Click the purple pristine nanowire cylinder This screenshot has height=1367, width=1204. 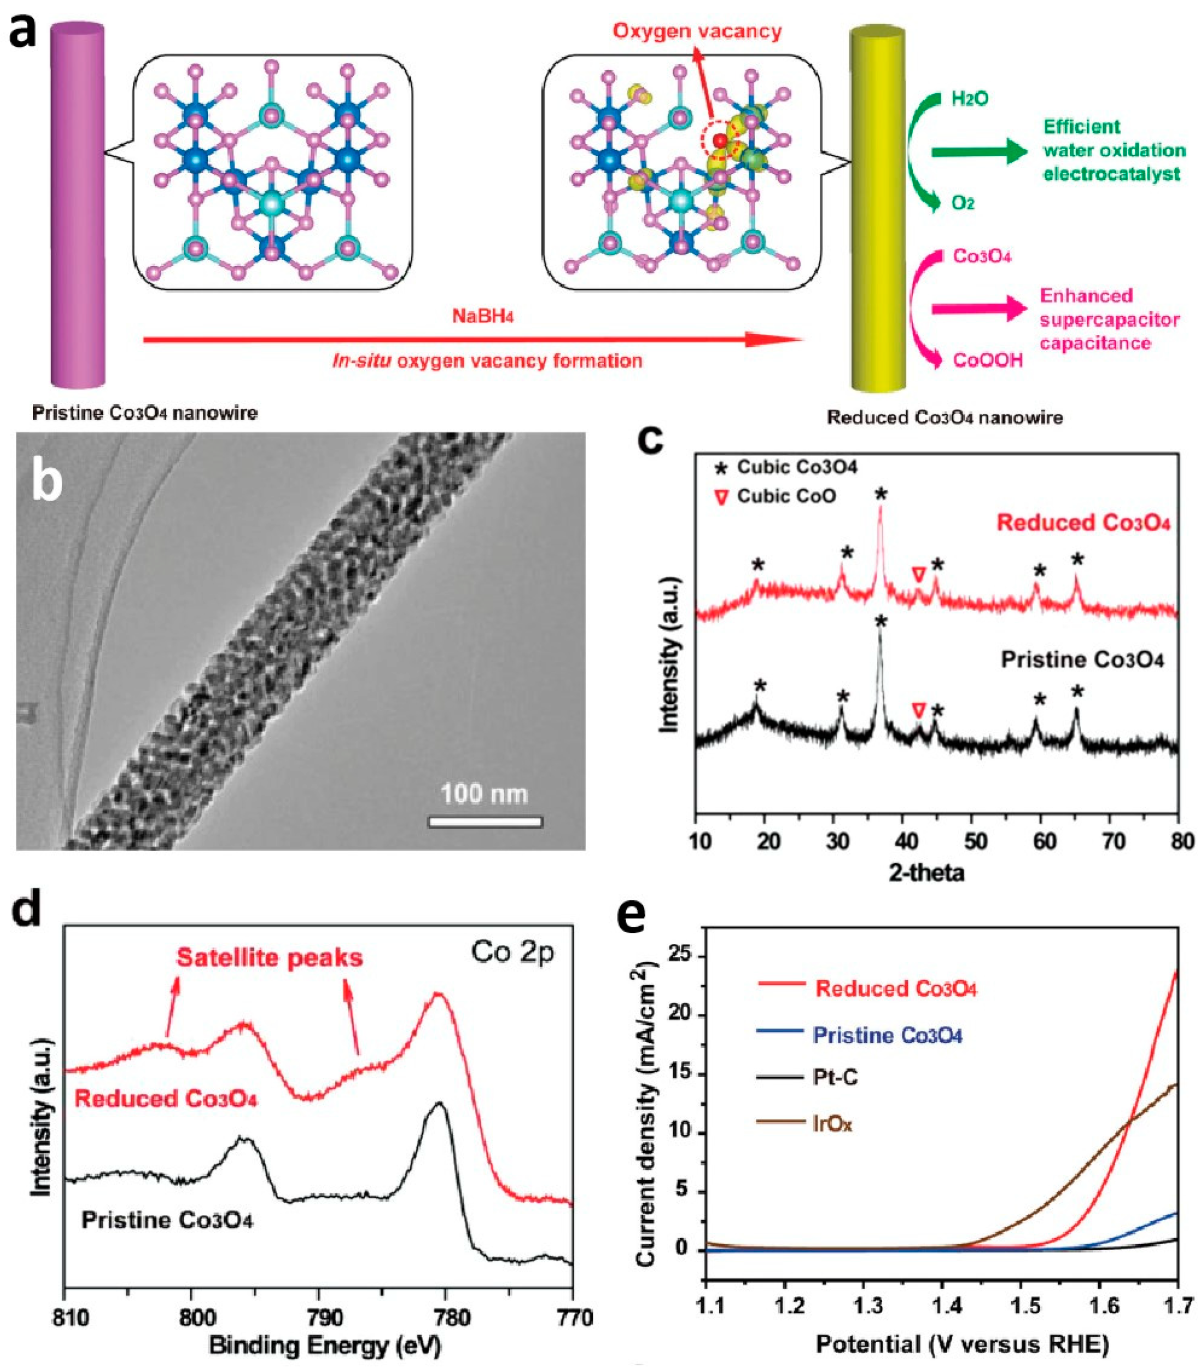[x=78, y=207]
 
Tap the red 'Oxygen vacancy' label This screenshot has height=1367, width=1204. [x=697, y=31]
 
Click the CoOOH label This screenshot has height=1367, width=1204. [x=988, y=360]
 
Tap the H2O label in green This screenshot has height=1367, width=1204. [x=969, y=99]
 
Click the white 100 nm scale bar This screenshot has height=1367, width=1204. [x=485, y=822]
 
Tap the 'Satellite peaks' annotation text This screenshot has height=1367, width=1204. [x=269, y=958]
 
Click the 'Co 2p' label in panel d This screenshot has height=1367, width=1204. [x=512, y=952]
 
